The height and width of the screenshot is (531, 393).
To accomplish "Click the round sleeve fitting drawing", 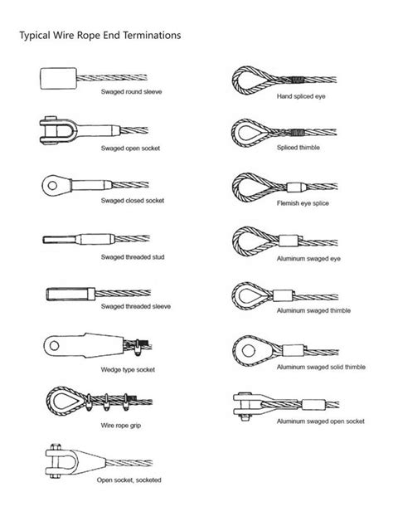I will pyautogui.click(x=54, y=80).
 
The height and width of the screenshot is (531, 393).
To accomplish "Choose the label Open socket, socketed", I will pyautogui.click(x=129, y=480).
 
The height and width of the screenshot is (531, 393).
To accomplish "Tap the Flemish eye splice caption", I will pyautogui.click(x=301, y=202).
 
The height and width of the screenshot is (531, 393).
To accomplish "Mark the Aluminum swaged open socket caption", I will pyautogui.click(x=320, y=421).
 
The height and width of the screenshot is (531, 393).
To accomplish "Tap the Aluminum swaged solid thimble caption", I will pyautogui.click(x=319, y=366).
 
